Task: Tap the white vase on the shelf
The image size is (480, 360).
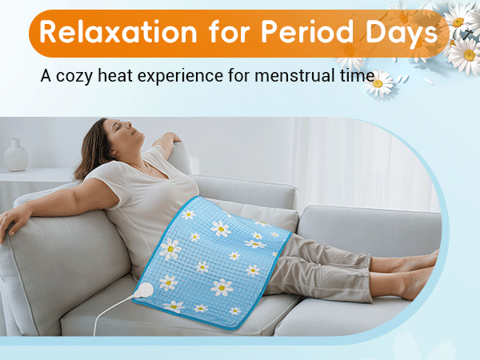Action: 16,154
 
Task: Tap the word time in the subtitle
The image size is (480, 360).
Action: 357,78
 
